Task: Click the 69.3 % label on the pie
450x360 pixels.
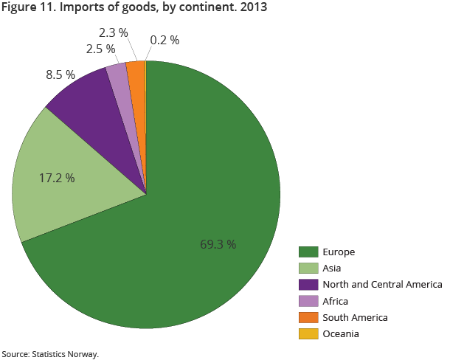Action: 218,244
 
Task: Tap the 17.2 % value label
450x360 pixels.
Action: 57,178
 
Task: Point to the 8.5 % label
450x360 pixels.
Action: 60,75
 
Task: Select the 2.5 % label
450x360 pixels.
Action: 100,49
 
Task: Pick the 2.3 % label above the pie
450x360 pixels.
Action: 113,32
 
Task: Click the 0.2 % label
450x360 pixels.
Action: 165,40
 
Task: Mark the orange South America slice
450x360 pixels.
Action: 138,89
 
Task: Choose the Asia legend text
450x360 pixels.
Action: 332,269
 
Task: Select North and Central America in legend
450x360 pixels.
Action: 382,285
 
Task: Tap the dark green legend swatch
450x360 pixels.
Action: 308,252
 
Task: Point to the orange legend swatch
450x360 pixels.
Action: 308,317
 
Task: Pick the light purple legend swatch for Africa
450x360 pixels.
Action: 308,301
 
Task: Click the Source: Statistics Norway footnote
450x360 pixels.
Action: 49,354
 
